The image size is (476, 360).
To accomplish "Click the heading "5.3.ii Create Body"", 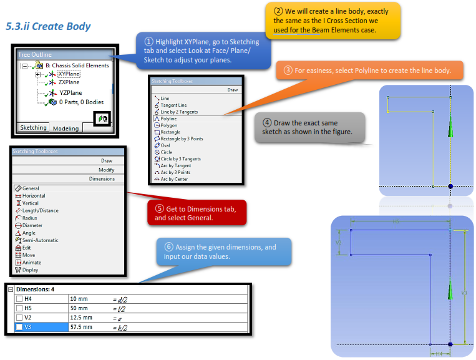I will coord(48,26).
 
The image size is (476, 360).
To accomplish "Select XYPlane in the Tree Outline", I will coord(69,74).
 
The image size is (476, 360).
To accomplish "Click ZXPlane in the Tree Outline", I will coord(69,82).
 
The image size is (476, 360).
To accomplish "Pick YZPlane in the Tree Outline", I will coord(69,92).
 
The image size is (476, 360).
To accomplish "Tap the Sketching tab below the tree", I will coord(34,127).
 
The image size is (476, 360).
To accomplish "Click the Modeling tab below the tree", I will coord(66,128).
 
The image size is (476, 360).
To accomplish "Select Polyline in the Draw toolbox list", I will coord(168,119).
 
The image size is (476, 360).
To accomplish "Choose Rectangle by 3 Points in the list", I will coord(182,139).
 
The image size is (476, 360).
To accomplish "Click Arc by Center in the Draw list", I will coord(174,179).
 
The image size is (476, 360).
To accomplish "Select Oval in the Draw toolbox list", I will coord(166,145).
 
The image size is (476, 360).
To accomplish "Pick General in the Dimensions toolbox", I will coord(31,188).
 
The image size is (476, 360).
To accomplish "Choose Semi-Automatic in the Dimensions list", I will coord(40,240).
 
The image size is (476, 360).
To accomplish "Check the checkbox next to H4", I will coord(19,299).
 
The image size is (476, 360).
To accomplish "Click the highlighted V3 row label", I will coord(29,326).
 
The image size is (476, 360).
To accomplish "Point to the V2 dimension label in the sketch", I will coord(339,241).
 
